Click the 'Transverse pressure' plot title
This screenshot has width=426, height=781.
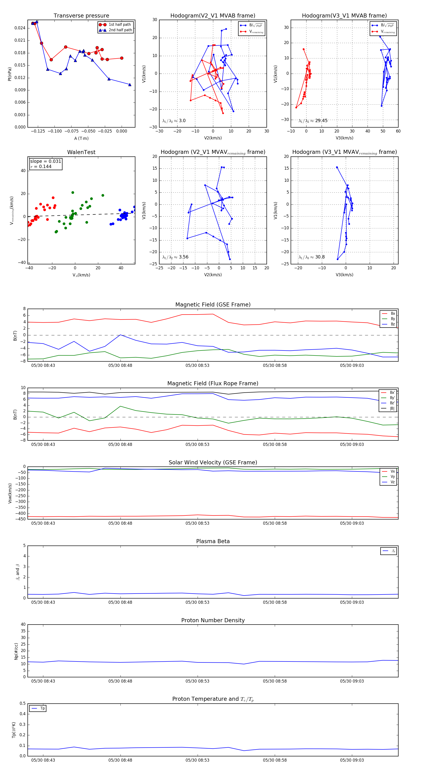(81, 16)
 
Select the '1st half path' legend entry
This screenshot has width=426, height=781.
(120, 25)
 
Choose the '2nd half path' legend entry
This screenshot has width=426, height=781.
(120, 30)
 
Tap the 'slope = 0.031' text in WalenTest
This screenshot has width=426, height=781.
(45, 161)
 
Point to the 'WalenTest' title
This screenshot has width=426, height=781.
(81, 152)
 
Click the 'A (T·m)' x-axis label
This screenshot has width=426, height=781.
(81, 138)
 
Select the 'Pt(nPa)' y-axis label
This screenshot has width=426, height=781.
(10, 74)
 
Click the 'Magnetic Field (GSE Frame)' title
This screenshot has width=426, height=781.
(213, 305)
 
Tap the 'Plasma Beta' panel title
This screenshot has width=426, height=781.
(213, 541)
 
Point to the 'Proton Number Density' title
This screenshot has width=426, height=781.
(213, 620)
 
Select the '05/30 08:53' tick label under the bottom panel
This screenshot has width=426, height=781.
(197, 760)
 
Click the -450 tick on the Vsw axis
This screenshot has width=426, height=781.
(20, 519)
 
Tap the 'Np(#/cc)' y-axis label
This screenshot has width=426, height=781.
(16, 651)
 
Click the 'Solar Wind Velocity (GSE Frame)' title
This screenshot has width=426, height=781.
(213, 462)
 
